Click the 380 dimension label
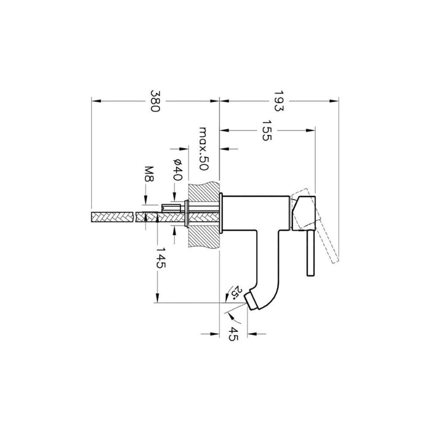point(155,101)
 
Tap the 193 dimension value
point(278,101)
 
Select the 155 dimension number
point(267,131)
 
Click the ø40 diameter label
point(178,169)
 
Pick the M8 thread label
point(149,174)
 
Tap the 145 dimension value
point(161,258)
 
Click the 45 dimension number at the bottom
point(233,334)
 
